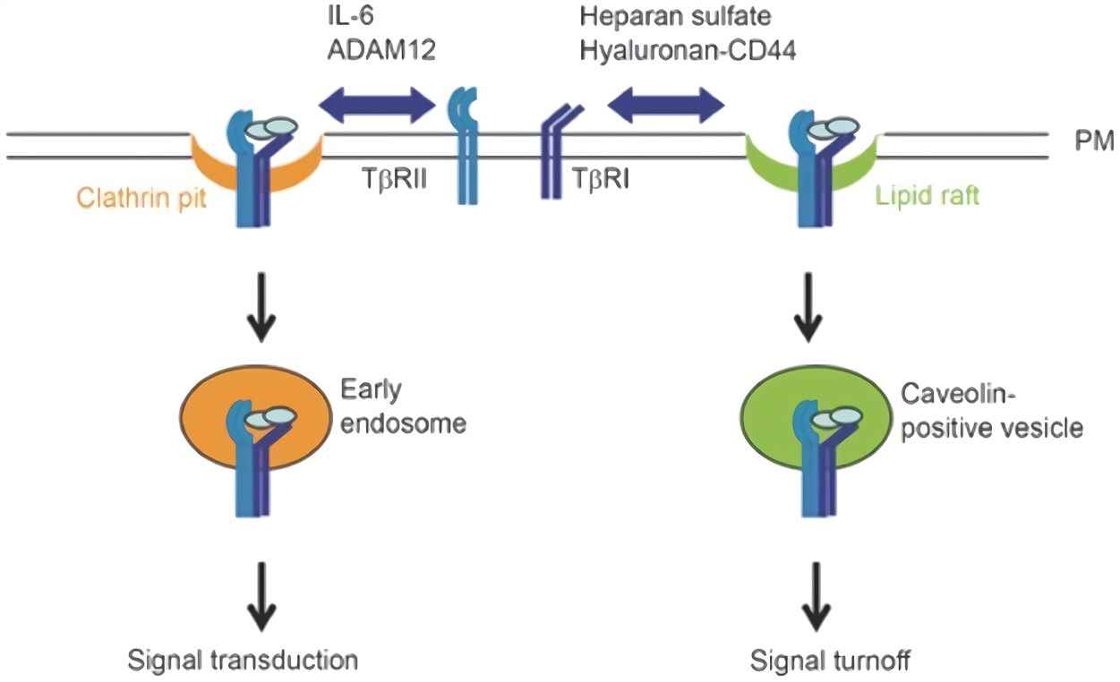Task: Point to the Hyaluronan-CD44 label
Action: point(688,50)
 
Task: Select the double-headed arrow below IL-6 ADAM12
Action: point(377,105)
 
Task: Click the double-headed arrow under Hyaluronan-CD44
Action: point(665,105)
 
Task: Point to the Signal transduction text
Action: point(243,661)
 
